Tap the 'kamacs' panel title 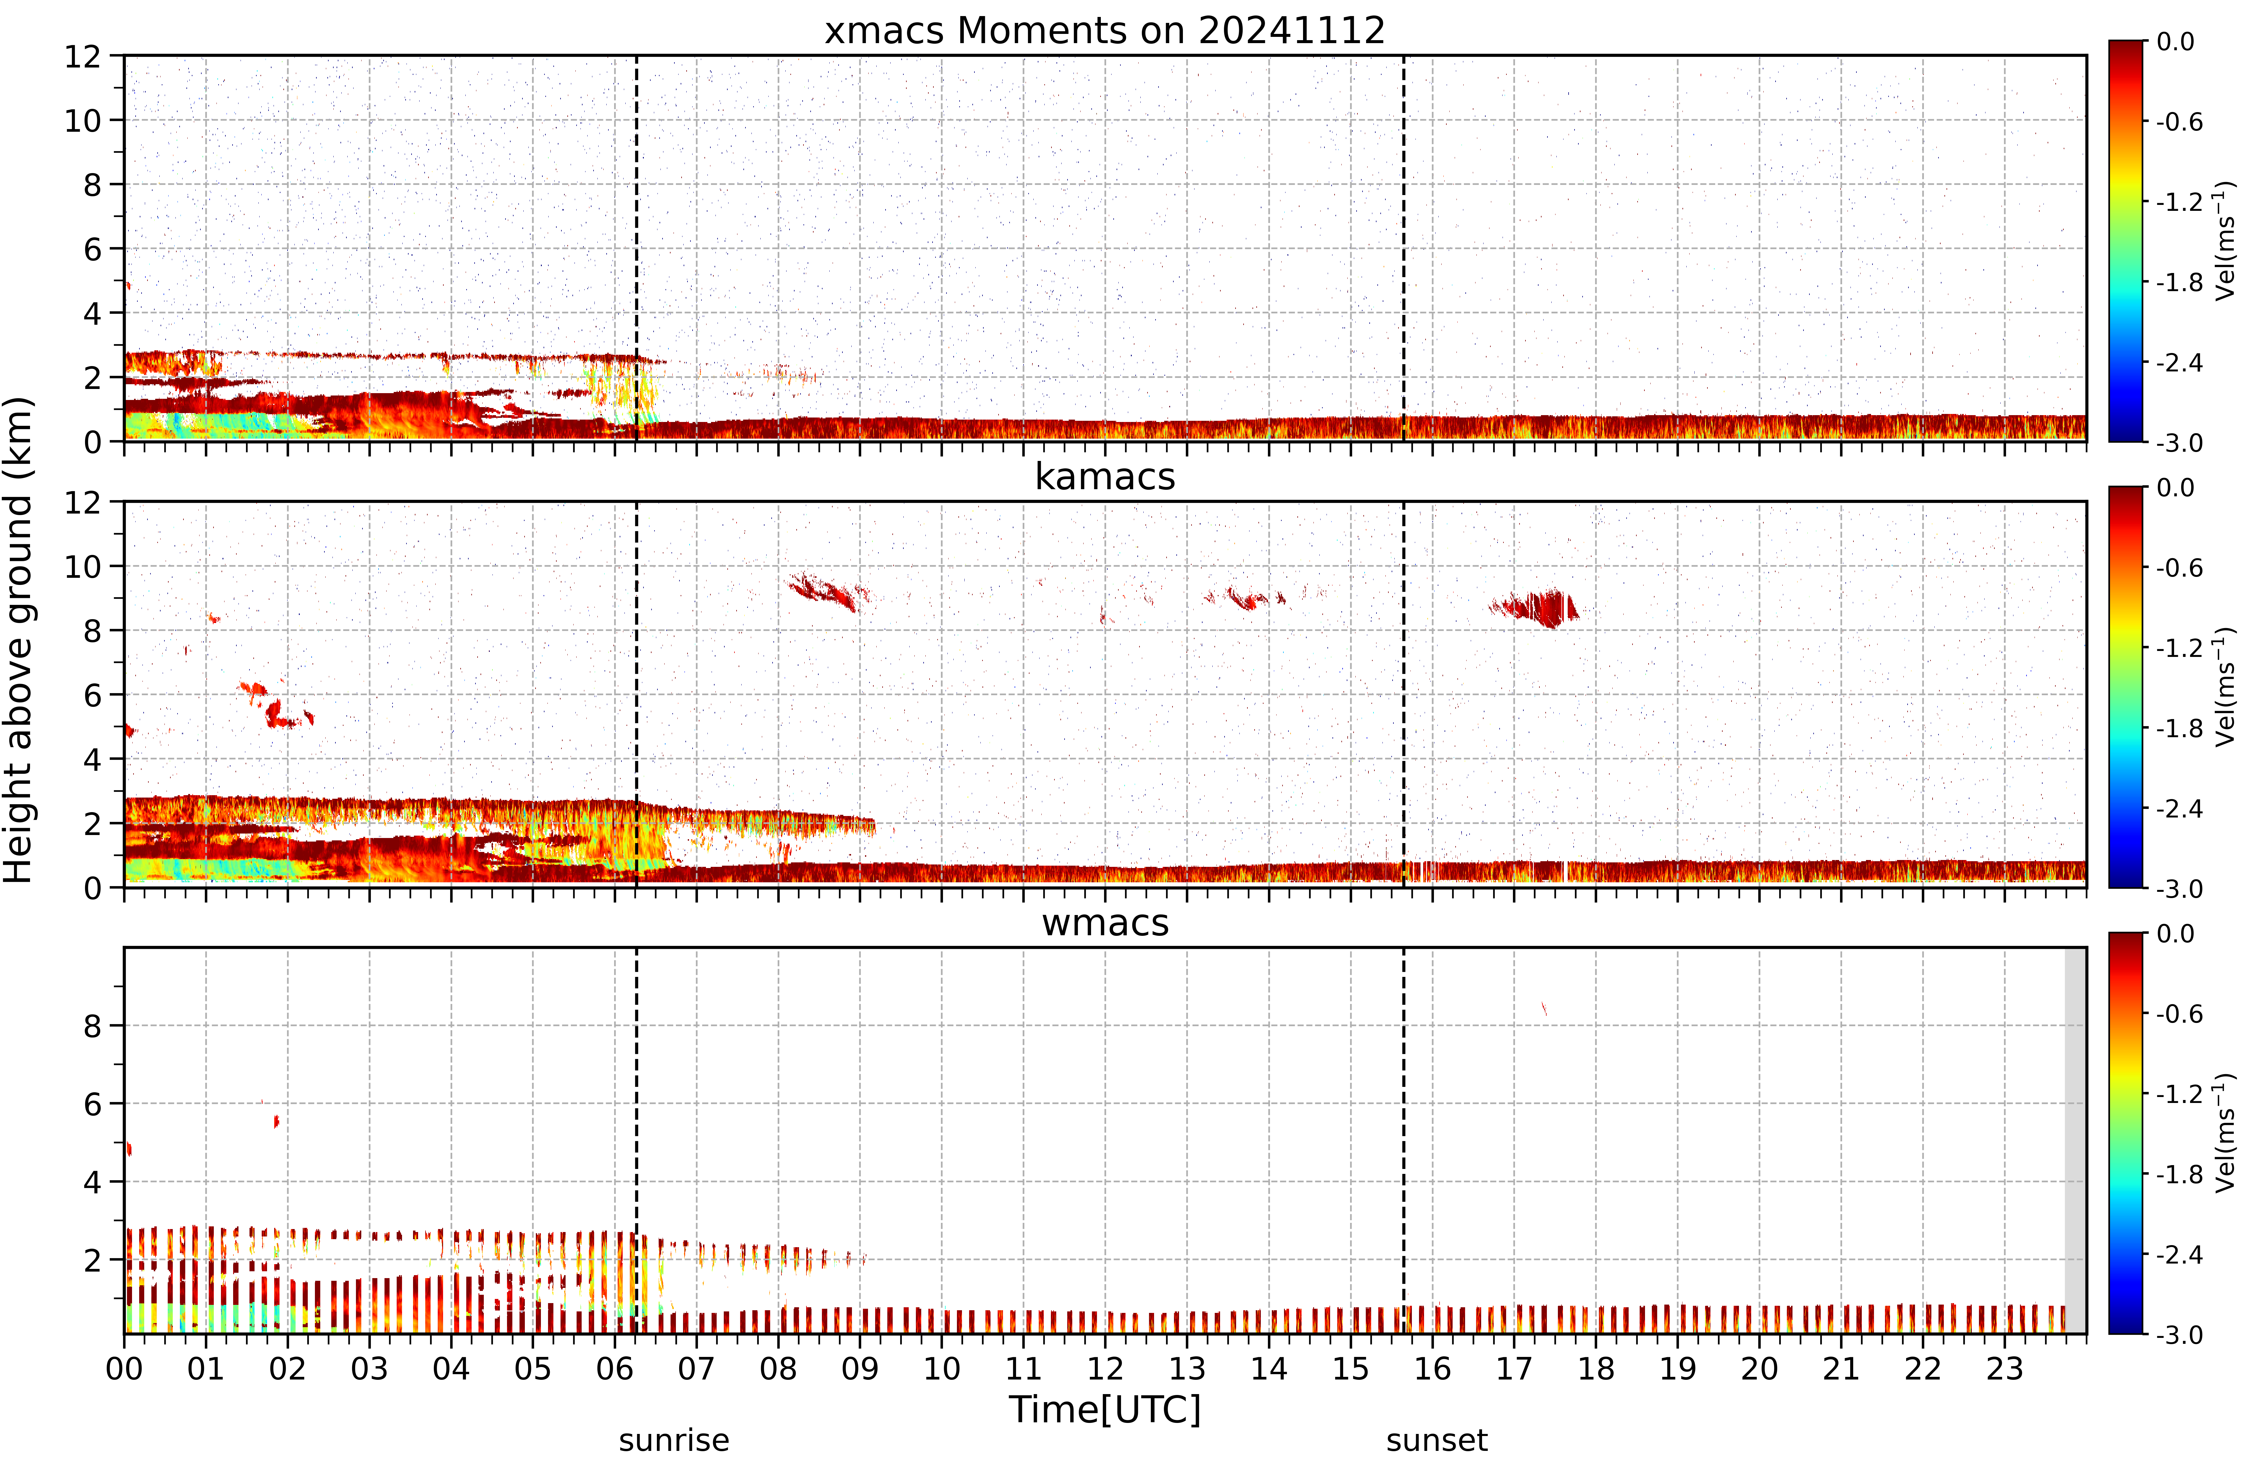click(x=1104, y=476)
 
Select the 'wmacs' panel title click(x=1105, y=923)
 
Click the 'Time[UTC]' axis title click(x=1104, y=1410)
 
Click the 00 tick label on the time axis click(x=124, y=1369)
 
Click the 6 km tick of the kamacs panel click(x=92, y=695)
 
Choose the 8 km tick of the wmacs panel click(x=92, y=1026)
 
